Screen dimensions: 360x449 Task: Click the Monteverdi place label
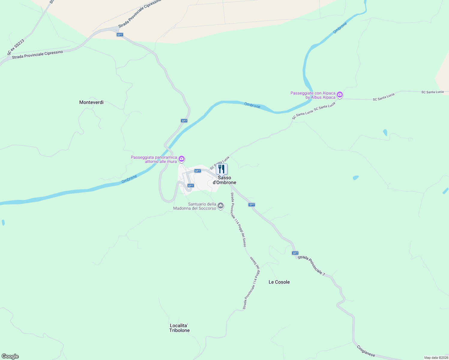click(x=91, y=102)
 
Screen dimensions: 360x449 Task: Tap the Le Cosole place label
click(x=279, y=282)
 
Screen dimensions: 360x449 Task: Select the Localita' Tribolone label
click(x=179, y=328)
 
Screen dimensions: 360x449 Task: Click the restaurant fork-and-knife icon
click(x=221, y=169)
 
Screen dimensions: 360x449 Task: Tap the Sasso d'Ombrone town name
click(x=224, y=180)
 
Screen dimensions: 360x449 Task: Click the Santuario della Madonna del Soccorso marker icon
click(x=221, y=205)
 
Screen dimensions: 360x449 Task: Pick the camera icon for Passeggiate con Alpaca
click(x=340, y=95)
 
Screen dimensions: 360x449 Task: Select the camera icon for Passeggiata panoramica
click(x=181, y=159)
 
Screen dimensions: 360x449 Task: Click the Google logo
click(x=10, y=356)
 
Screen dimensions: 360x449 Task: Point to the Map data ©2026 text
click(x=436, y=358)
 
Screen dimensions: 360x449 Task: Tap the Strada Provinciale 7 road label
click(x=311, y=265)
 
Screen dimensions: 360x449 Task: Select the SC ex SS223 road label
click(x=16, y=47)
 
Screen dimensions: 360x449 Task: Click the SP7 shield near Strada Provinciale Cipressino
click(x=120, y=35)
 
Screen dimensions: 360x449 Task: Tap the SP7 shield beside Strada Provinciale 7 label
click(x=295, y=253)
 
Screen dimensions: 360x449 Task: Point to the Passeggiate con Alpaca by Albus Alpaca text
click(x=313, y=95)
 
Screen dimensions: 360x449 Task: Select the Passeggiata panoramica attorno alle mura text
click(x=154, y=159)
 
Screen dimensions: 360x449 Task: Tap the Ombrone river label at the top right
click(x=340, y=28)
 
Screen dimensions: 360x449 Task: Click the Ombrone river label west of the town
click(x=129, y=179)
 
